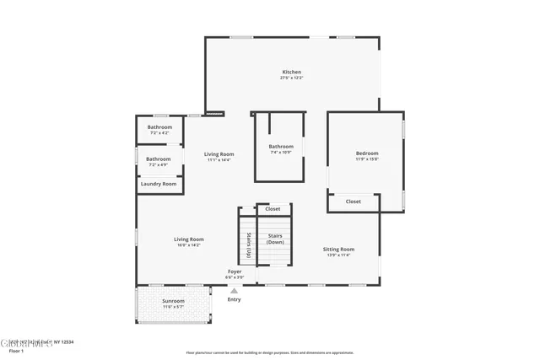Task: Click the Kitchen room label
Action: tap(291, 72)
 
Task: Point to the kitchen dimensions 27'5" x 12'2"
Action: tap(291, 78)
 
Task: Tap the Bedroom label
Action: tap(367, 153)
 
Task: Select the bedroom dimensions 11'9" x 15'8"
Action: tap(367, 159)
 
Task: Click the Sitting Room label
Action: tap(338, 249)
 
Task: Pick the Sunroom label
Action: tap(173, 300)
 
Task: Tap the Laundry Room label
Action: tap(159, 184)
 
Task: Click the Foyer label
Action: tap(235, 271)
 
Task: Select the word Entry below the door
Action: tap(234, 299)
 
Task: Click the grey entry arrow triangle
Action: tap(234, 291)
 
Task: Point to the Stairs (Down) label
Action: tap(275, 239)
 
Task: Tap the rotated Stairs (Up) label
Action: tap(249, 244)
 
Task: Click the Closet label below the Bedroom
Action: tap(353, 201)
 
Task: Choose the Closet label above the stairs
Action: tap(273, 208)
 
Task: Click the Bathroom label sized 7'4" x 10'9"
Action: tap(281, 146)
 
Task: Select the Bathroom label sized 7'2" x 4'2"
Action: tap(159, 127)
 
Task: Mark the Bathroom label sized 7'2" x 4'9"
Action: tap(158, 159)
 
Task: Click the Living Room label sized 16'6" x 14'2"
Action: tap(188, 239)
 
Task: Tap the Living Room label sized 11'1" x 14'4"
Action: tap(219, 153)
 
